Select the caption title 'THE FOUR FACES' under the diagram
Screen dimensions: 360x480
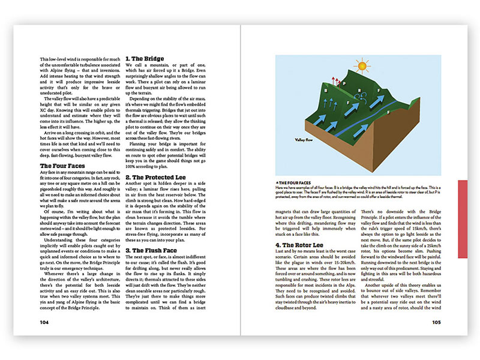pos(295,181)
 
